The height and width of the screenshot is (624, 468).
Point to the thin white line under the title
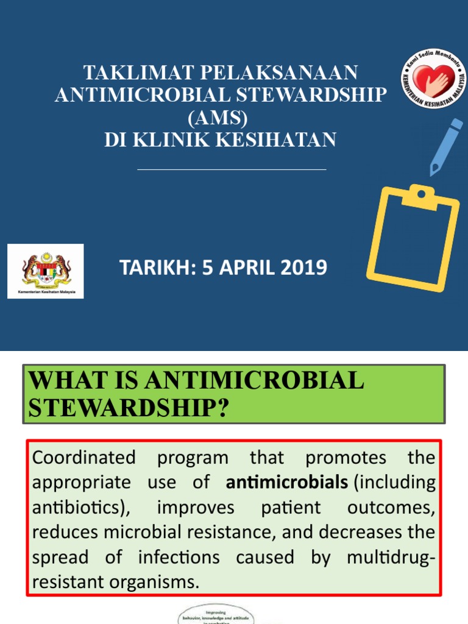tap(232, 169)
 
